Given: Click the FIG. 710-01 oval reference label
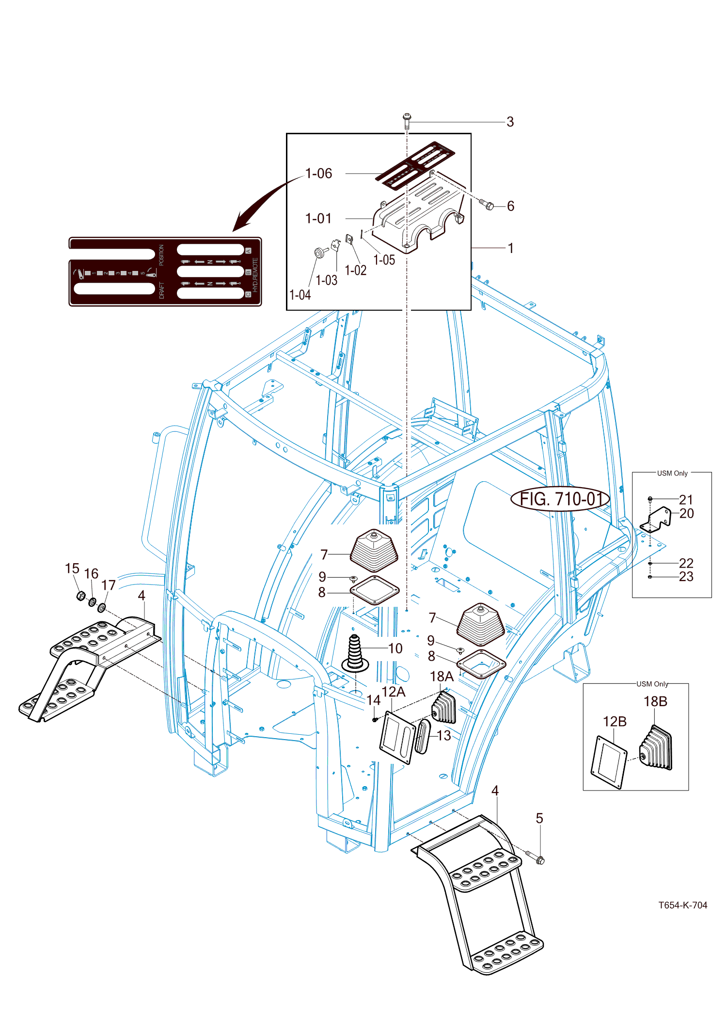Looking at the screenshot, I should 560,499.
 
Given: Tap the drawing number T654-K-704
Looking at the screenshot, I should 682,905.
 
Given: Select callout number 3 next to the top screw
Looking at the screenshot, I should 510,122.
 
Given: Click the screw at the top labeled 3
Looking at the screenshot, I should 407,119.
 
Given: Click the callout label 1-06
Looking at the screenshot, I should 318,174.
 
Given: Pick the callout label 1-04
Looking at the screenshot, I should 300,295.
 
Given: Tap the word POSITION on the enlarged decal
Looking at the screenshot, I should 161,254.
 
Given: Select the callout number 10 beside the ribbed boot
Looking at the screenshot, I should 395,648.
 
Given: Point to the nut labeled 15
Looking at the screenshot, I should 81,595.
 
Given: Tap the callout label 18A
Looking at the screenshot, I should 442,676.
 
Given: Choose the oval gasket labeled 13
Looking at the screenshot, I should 423,736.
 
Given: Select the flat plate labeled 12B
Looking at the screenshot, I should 609,762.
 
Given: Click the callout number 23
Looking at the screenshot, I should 686,576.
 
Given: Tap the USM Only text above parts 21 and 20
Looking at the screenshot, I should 672,473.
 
